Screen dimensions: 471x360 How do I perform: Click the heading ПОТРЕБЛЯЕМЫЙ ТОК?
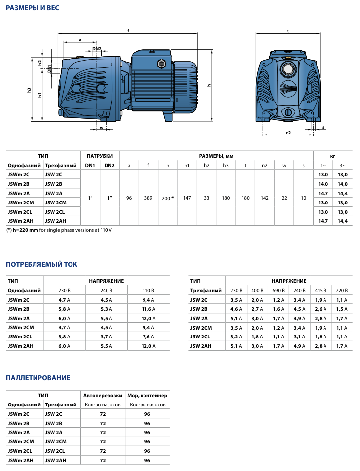click(x=41, y=265)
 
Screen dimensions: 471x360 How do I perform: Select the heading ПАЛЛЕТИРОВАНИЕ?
click(x=38, y=378)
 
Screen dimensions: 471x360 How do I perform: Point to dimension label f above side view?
click(x=128, y=31)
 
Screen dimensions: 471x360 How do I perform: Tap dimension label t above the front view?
click(x=288, y=31)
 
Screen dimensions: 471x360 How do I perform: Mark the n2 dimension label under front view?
click(x=288, y=132)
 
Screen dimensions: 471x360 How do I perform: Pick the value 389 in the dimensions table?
click(x=148, y=198)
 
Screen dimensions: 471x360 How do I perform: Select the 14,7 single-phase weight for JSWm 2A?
click(x=323, y=193)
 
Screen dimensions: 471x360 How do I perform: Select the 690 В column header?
click(x=279, y=290)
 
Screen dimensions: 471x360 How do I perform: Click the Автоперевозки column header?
click(x=103, y=395)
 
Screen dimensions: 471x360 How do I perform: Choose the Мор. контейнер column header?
click(x=147, y=395)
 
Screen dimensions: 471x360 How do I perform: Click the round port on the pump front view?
click(x=288, y=67)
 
